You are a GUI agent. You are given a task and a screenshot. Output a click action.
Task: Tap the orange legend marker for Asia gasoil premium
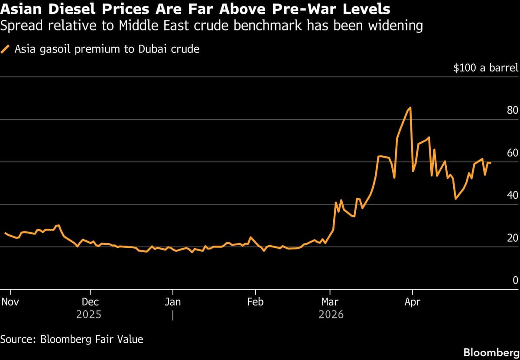6,49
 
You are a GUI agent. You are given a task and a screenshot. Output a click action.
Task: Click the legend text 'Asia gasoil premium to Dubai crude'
107,49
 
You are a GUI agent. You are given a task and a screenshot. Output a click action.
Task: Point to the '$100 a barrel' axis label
485,68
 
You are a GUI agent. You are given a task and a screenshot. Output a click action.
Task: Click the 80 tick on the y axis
512,110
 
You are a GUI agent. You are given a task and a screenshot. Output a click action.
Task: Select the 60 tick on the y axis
512,153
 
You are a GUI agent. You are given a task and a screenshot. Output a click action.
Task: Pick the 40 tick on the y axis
512,195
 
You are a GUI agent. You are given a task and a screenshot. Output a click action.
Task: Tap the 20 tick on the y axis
512,238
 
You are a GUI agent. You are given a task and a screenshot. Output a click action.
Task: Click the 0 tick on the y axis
515,280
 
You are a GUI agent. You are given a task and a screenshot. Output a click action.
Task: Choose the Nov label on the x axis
10,302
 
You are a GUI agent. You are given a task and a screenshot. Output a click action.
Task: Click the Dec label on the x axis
90,302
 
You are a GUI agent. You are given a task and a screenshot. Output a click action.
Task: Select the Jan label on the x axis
172,302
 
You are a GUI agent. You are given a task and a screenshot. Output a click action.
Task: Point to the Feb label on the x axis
255,302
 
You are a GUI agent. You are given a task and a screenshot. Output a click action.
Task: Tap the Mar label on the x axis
331,302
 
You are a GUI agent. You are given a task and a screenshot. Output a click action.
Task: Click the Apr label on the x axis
412,302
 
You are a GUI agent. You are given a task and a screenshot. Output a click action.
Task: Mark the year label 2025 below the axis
88,315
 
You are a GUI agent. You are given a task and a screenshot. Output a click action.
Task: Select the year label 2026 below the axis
331,315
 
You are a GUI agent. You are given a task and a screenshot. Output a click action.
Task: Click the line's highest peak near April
410,107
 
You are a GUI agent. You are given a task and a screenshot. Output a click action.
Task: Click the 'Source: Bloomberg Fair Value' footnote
71,339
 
